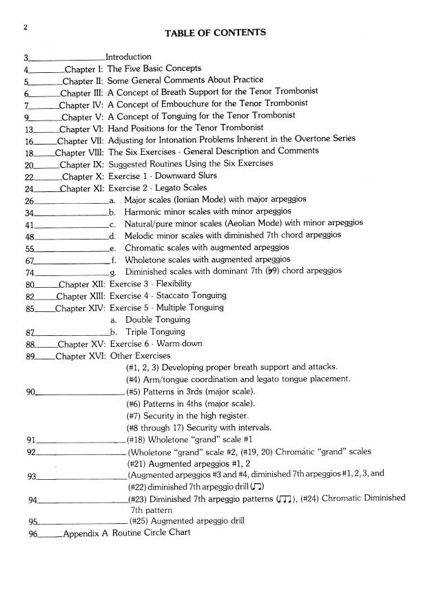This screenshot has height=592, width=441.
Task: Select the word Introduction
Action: pos(128,56)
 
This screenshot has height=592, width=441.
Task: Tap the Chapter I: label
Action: pos(83,69)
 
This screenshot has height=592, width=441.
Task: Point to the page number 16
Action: pos(30,140)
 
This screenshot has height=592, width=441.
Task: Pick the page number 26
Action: pos(30,200)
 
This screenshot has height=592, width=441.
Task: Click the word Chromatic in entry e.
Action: pos(147,248)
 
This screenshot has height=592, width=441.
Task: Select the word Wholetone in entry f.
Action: pos(148,260)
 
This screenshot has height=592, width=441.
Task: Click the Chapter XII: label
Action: pos(81,284)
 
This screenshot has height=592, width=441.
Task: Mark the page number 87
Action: pos(30,332)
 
